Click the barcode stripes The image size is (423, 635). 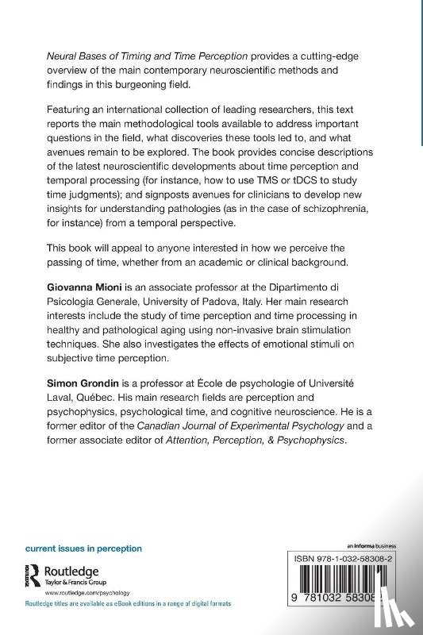point(340,587)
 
